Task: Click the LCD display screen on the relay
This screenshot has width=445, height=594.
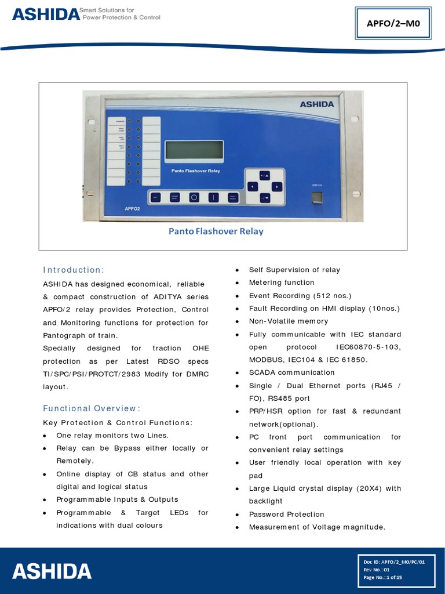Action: [194, 150]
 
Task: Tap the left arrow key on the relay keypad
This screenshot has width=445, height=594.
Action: [252, 186]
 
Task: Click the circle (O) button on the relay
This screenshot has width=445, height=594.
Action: [194, 197]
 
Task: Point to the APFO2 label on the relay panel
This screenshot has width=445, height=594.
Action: [132, 208]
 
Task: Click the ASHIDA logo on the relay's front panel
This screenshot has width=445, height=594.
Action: [316, 104]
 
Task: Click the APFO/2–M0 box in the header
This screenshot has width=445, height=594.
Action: [393, 23]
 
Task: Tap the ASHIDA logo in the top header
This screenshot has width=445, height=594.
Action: [45, 14]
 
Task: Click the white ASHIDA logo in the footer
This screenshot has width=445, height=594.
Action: [52, 571]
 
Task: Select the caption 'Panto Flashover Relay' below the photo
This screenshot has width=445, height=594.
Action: [216, 231]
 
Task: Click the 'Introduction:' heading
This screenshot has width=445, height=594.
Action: [74, 270]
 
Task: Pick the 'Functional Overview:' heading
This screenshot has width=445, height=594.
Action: [92, 408]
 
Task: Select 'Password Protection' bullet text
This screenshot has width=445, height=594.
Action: [286, 514]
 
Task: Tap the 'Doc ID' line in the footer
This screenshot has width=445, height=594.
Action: [394, 562]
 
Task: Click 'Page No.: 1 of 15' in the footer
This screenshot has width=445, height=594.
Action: [382, 577]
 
